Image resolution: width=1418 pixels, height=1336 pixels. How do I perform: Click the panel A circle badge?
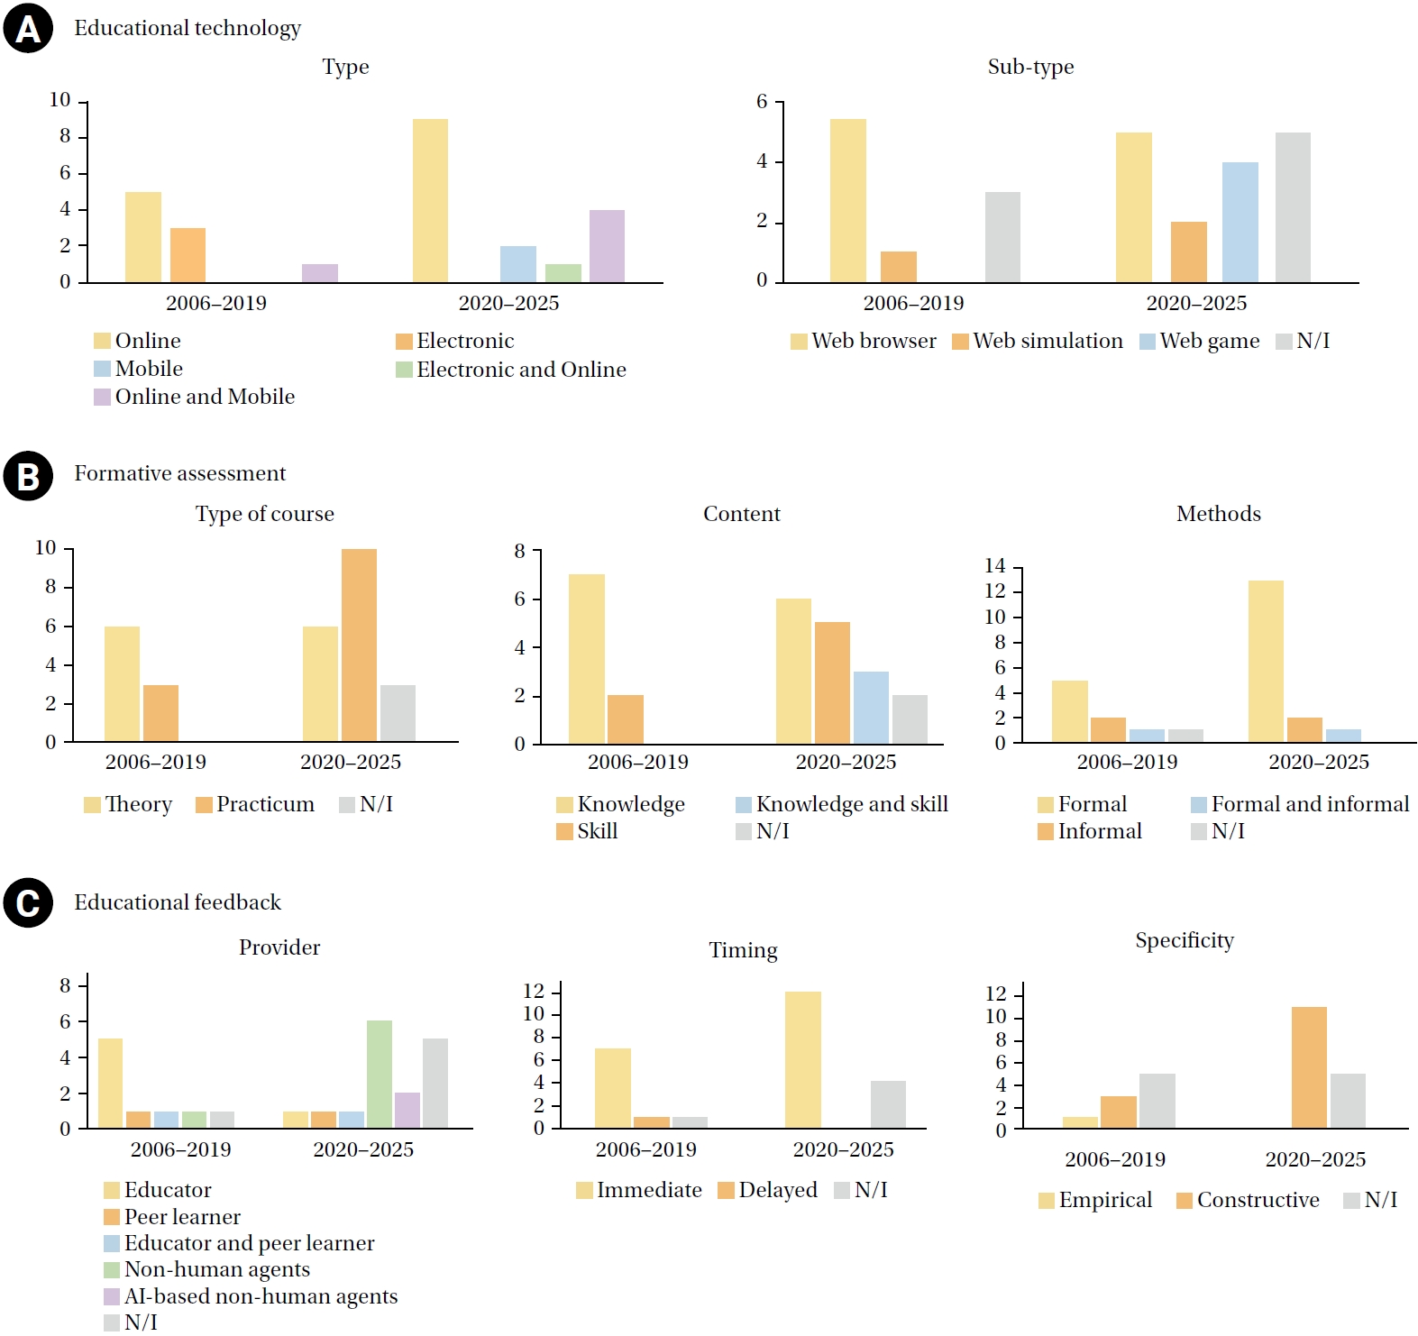(28, 29)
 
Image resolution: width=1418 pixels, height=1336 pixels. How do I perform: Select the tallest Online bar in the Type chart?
(430, 200)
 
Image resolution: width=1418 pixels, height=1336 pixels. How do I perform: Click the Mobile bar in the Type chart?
(517, 264)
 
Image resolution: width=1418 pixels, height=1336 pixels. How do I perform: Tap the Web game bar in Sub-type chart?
(1240, 222)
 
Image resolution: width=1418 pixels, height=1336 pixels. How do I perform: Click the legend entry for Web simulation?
(1038, 341)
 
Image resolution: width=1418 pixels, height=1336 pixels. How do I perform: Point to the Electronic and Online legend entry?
(511, 370)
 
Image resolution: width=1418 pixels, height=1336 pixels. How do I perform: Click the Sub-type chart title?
(1030, 67)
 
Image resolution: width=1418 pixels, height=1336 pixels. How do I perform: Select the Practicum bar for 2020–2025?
(359, 645)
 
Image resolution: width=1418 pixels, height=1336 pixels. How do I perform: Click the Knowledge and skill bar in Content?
(871, 707)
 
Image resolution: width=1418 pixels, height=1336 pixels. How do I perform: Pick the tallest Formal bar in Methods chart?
(1266, 661)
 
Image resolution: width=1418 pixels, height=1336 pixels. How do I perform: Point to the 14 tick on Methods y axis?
(995, 566)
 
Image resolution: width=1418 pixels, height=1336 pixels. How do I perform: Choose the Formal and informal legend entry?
(1300, 804)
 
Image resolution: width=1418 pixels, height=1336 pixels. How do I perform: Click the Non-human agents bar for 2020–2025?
(380, 1074)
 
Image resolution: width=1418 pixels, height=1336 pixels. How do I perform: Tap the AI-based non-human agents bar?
(407, 1110)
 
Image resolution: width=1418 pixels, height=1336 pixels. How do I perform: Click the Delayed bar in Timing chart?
(652, 1122)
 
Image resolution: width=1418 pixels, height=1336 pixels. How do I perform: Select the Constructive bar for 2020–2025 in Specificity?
(1309, 1067)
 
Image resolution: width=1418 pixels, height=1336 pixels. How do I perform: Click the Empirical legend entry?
(1095, 1200)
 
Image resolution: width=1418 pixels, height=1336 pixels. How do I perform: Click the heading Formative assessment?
(179, 473)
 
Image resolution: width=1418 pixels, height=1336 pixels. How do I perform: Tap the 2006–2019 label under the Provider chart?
(180, 1149)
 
